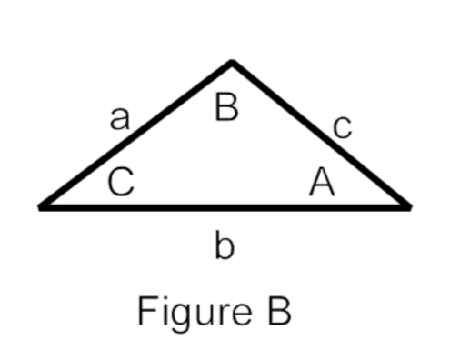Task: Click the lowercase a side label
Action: pos(119,119)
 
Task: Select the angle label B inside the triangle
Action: pos(226,108)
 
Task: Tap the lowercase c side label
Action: pos(341,128)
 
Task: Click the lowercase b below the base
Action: pos(225,246)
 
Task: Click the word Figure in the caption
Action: pos(186,312)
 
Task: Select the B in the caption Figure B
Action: pos(278,310)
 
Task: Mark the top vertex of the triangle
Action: pos(232,63)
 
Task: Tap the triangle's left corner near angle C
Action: pos(42,206)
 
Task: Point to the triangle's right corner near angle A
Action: pos(408,206)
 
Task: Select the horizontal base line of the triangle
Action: pos(225,206)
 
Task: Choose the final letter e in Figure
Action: pos(228,314)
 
